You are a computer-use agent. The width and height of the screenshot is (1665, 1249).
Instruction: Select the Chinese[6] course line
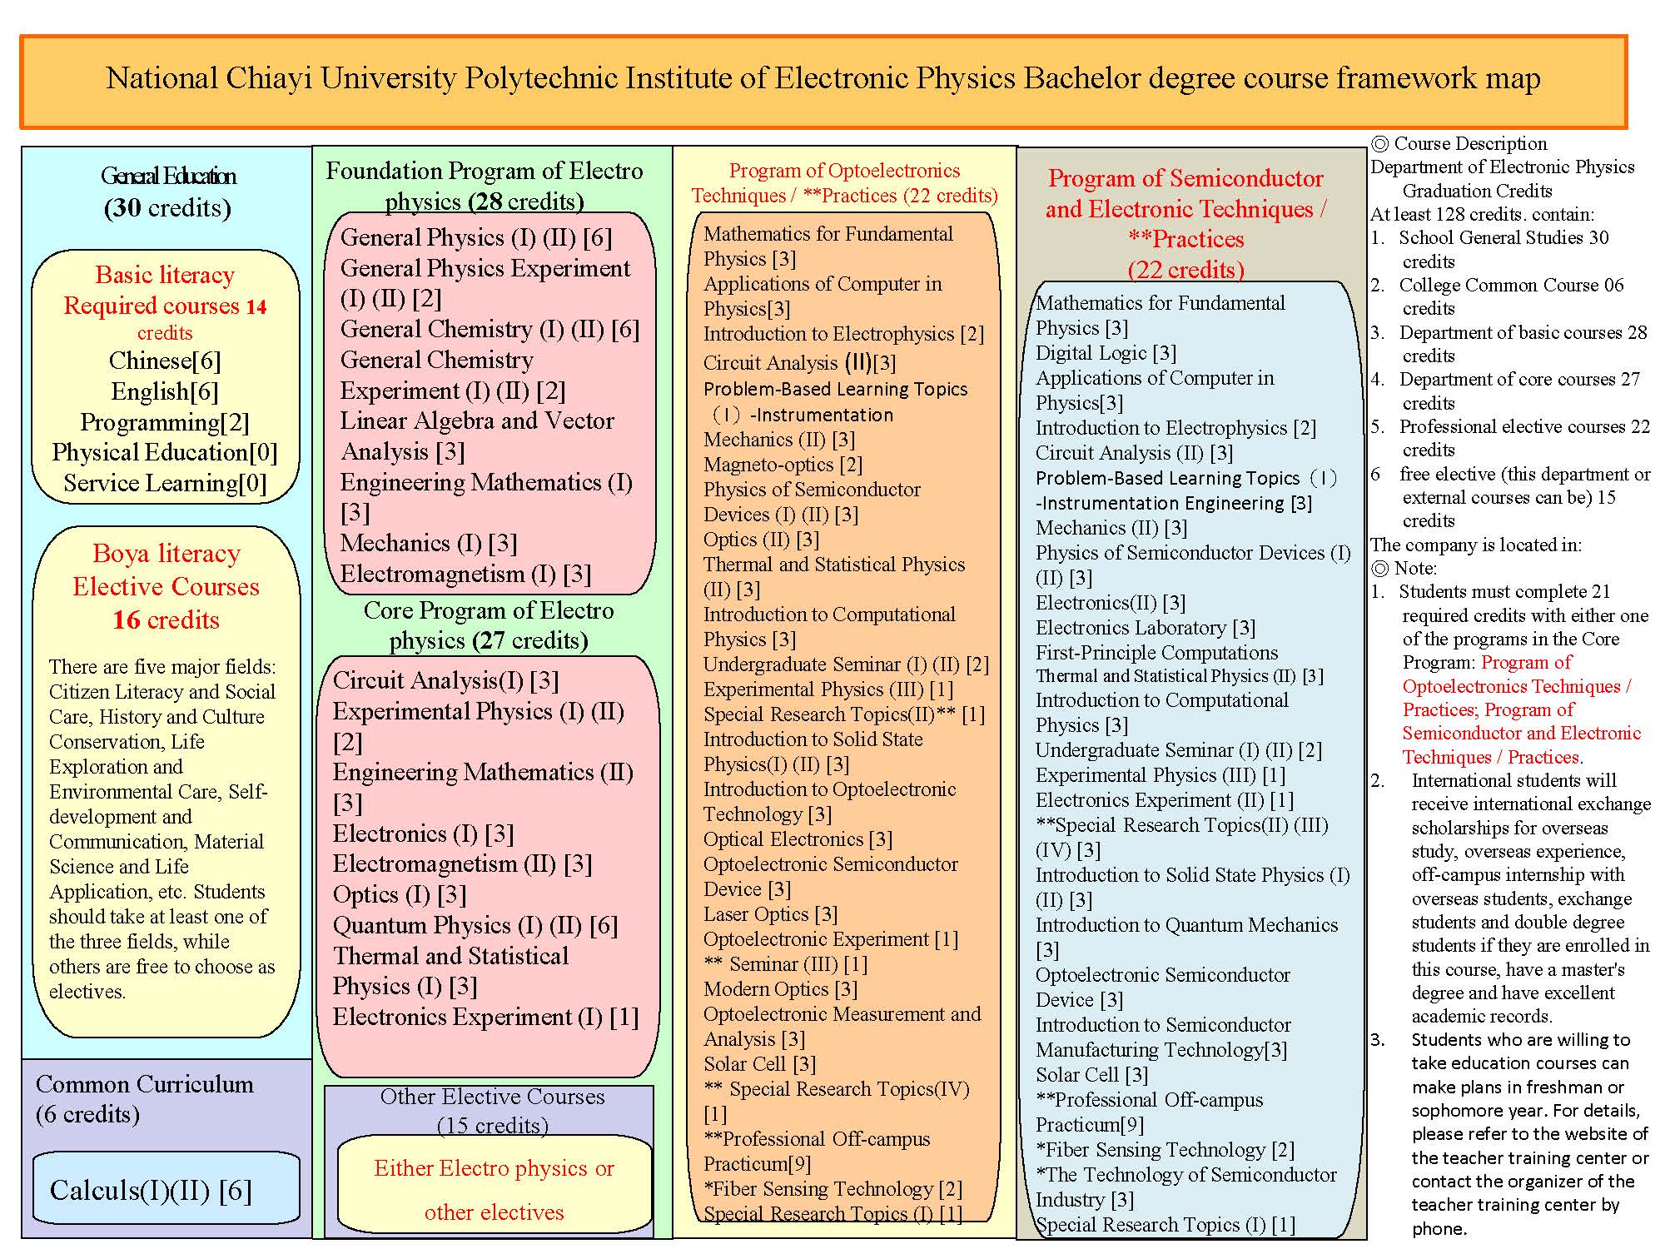pyautogui.click(x=165, y=361)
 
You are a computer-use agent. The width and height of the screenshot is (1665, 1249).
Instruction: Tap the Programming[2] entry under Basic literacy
pyautogui.click(x=165, y=422)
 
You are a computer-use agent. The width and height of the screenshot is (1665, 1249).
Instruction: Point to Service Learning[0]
pyautogui.click(x=165, y=483)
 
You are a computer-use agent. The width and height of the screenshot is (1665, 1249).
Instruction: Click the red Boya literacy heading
pyautogui.click(x=166, y=554)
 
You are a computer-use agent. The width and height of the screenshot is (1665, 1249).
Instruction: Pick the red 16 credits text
pyautogui.click(x=166, y=620)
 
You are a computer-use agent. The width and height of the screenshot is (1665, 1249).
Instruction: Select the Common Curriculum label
pyautogui.click(x=145, y=1084)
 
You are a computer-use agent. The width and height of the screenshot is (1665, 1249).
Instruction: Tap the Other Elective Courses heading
pyautogui.click(x=492, y=1097)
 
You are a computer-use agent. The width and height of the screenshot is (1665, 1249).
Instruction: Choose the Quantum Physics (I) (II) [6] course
pyautogui.click(x=475, y=925)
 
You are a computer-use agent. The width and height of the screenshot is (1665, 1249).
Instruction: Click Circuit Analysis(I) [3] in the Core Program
pyautogui.click(x=445, y=680)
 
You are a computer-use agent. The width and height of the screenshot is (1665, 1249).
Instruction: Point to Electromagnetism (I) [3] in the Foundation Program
pyautogui.click(x=465, y=574)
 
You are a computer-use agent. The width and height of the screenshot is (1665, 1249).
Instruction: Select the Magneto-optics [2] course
pyautogui.click(x=783, y=465)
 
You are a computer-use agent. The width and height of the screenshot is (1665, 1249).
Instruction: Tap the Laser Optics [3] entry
pyautogui.click(x=770, y=914)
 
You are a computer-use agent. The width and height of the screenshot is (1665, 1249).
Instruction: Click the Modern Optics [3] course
pyautogui.click(x=780, y=989)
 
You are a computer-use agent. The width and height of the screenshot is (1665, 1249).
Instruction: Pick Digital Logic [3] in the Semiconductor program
pyautogui.click(x=1106, y=353)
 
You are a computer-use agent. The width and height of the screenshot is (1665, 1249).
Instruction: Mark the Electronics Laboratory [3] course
pyautogui.click(x=1145, y=628)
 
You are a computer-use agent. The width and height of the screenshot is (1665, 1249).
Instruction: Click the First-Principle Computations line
pyautogui.click(x=1156, y=653)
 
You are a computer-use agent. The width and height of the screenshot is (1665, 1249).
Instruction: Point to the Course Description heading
pyautogui.click(x=1469, y=143)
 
